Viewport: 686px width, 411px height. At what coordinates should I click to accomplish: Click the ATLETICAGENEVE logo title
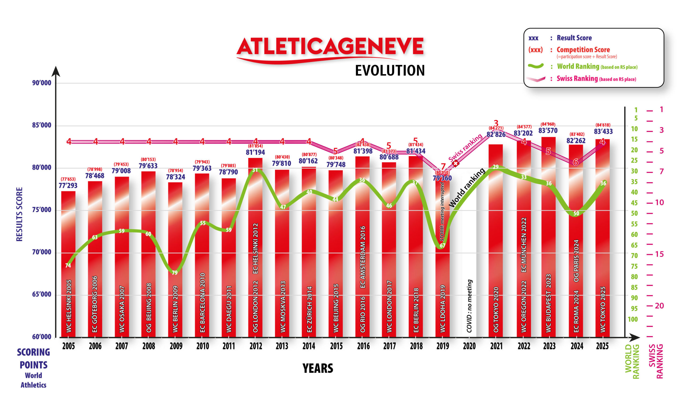330,46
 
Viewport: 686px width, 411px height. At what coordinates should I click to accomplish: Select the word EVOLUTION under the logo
390,71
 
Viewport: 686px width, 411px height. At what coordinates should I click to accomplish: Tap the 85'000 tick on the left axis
42,125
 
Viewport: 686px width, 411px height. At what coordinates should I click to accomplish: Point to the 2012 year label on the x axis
256,346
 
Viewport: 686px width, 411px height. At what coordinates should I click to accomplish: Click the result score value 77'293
68,185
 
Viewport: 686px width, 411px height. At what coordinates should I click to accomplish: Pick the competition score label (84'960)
548,124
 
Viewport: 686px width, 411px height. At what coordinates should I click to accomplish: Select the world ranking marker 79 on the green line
175,273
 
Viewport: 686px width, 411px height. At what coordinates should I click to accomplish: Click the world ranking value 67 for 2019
442,245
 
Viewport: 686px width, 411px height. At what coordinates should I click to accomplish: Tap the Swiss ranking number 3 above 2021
496,122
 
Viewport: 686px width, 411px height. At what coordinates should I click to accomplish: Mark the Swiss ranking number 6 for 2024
575,162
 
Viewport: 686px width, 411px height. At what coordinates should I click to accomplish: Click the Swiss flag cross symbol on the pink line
455,163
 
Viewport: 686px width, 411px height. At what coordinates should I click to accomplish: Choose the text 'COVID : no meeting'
469,306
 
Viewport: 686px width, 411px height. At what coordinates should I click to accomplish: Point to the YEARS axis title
318,368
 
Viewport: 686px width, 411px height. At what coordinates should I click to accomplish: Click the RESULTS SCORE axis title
19,214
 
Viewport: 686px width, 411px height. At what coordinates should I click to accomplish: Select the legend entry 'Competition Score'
583,50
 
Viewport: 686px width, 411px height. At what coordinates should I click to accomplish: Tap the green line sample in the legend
535,66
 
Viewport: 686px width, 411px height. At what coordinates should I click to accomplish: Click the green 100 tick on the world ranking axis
632,319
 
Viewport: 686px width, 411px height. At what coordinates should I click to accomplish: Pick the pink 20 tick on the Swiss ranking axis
659,306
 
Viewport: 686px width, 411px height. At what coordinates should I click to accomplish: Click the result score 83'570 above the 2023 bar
548,130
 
